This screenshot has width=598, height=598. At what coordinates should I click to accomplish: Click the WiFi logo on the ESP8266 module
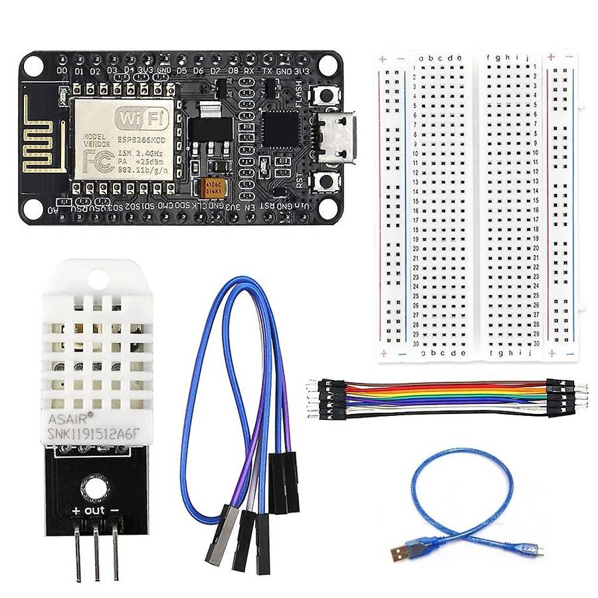click(x=140, y=120)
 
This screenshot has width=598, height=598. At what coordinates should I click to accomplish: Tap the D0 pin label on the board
click(x=62, y=70)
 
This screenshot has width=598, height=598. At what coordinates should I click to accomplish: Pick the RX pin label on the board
click(x=249, y=70)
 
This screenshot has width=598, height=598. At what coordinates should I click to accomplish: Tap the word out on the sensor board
click(x=96, y=510)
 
